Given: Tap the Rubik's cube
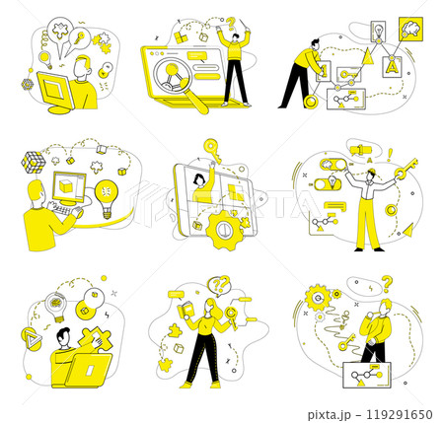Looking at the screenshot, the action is (34, 162).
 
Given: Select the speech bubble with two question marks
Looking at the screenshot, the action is (219, 285).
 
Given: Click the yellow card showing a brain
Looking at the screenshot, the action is (410, 29).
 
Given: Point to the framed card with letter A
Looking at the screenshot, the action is (392, 67).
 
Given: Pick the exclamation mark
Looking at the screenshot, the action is (390, 155).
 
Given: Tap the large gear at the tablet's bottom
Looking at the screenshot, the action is (226, 230).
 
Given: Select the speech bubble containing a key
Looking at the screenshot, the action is (79, 38).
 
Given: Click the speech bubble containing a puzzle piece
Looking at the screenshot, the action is (60, 33).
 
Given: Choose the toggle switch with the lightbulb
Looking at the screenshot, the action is (329, 183).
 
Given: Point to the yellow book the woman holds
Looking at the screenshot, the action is (186, 310).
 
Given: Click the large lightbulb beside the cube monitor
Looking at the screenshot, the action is (107, 198).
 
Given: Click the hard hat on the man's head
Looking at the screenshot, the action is (371, 171).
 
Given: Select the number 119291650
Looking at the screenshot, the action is (400, 414).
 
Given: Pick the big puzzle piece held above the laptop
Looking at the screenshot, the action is (95, 339).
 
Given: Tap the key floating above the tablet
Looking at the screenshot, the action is (212, 151).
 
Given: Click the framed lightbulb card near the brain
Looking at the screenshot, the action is (378, 32).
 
